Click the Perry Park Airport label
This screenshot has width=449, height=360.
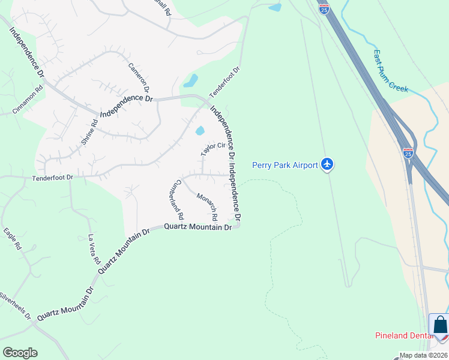[284, 165]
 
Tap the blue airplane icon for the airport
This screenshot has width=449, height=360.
[327, 164]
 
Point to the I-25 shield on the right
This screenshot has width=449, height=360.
[408, 152]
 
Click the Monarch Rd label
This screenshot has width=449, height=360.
[206, 208]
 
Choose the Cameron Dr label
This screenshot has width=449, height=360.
[139, 77]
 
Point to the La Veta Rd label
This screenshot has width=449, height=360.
[94, 250]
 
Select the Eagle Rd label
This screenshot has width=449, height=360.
[13, 238]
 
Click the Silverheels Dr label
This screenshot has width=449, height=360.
[15, 305]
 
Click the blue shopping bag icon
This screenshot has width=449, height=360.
[439, 326]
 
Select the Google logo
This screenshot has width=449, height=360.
[20, 353]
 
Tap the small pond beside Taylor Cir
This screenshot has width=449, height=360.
[200, 131]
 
